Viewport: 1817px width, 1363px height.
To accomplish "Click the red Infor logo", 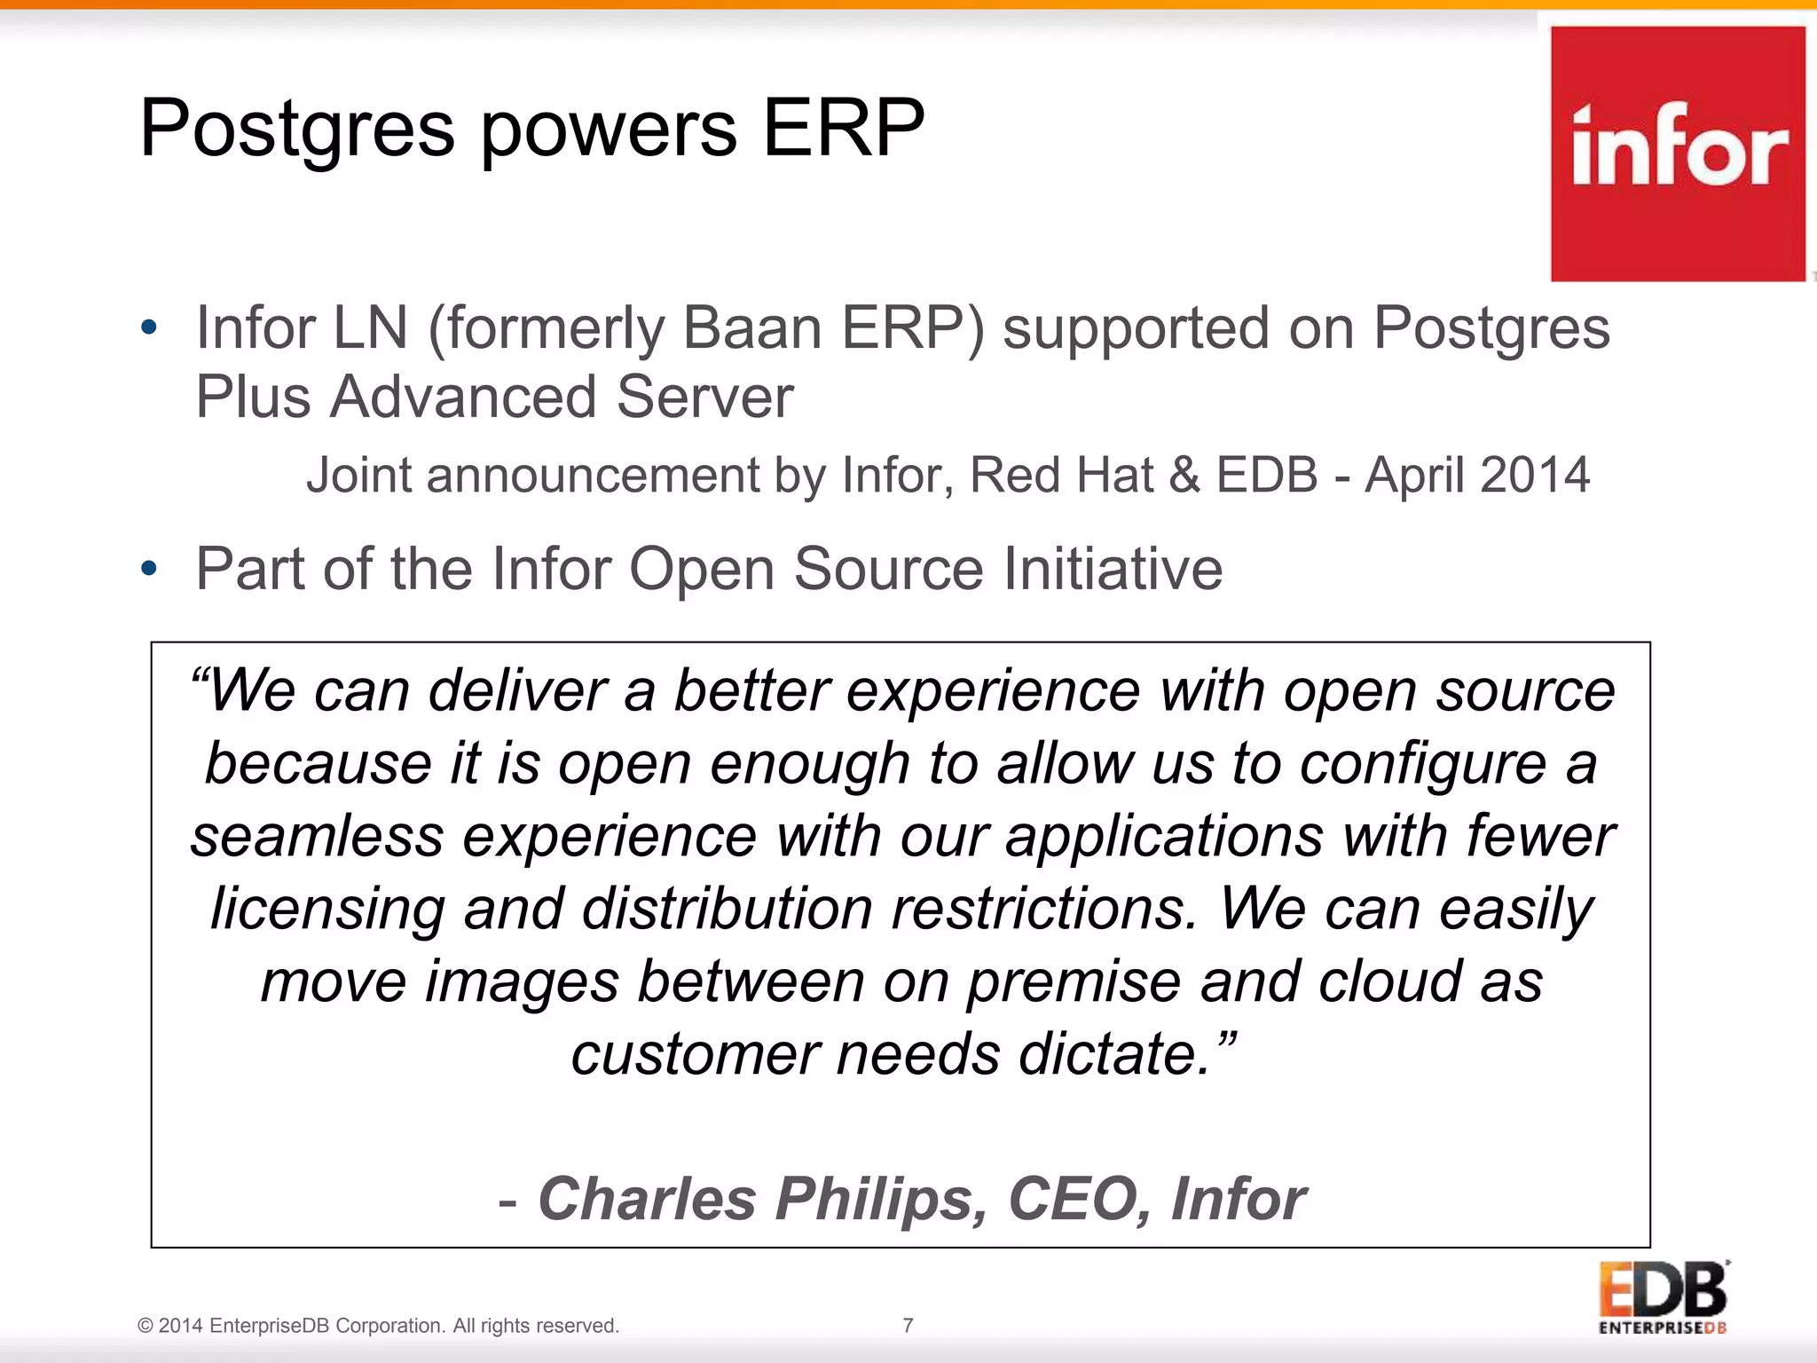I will coord(1677,154).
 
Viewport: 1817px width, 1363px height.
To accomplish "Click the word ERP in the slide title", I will coord(843,129).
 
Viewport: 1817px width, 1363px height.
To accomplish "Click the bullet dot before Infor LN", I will coord(149,327).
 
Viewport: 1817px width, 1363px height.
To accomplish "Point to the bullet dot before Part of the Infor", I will coord(149,568).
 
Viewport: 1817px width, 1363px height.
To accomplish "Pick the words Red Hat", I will coord(1061,475).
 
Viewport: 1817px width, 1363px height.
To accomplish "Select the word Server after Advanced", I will coord(704,397).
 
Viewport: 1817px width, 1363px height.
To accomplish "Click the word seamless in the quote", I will coord(318,837).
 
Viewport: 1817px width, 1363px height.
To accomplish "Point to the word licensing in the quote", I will coord(327,910).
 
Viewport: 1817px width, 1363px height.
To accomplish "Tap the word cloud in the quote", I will coord(1388,982).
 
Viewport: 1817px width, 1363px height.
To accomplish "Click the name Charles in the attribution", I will coord(647,1199).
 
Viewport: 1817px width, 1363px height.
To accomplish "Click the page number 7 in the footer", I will coord(908,1326).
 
